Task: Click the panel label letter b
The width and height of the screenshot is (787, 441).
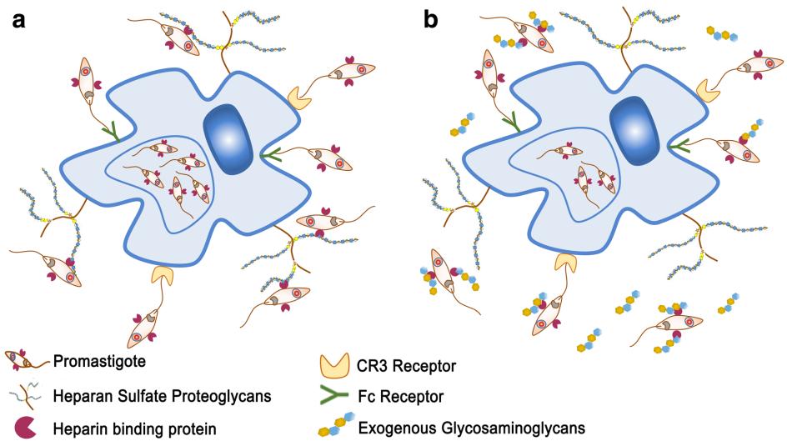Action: coord(431,19)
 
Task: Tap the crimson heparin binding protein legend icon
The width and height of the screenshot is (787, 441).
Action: coord(25,426)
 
